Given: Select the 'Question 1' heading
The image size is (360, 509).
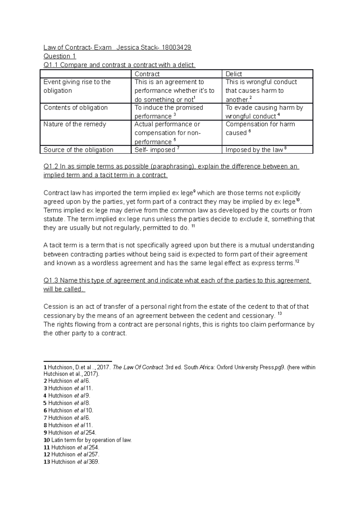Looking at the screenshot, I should [x=60, y=56].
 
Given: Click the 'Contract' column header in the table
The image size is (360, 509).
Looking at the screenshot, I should [x=147, y=74].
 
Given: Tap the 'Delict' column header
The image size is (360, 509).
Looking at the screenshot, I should [x=234, y=74].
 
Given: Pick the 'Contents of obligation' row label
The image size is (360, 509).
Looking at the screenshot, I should [x=75, y=108].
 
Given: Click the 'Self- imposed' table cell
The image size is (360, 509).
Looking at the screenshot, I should [x=155, y=150].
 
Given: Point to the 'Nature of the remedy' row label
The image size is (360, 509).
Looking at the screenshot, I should [x=75, y=124].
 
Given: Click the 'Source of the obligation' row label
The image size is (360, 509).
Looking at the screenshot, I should [x=78, y=150].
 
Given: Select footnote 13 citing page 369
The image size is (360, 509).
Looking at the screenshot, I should [x=72, y=462].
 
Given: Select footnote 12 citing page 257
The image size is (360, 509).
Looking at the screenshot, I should [x=72, y=454].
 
